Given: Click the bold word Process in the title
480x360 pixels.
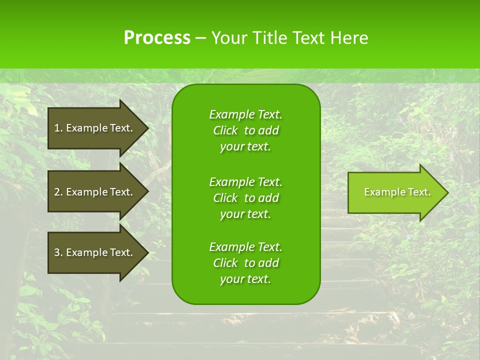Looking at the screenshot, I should pos(157,38).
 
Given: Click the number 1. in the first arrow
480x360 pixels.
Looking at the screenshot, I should pos(58,128).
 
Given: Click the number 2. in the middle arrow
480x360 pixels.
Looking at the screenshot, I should pos(58,192).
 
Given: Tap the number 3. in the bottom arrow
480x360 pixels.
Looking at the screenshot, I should pos(58,252).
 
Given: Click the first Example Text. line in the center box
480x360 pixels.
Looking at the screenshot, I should pos(245,114).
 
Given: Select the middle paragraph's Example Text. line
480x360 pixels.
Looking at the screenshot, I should pos(245,182).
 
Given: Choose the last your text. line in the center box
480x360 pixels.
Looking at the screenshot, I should pos(245,279).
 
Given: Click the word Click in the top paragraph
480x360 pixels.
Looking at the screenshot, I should pos(225,130).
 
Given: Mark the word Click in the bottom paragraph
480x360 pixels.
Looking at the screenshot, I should pos(225,263).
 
